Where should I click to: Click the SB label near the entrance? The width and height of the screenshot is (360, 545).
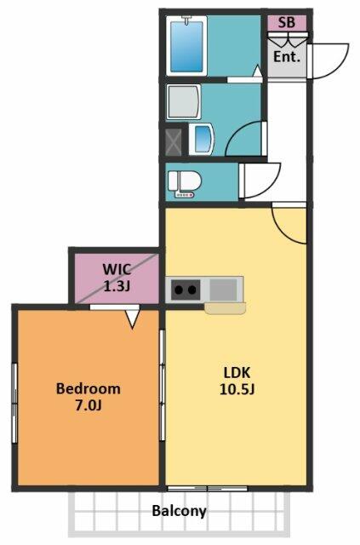(287, 23)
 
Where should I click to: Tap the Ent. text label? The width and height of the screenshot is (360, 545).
(287, 57)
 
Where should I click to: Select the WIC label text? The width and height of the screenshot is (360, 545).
(117, 269)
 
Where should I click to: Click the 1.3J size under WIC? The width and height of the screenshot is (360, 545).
(117, 286)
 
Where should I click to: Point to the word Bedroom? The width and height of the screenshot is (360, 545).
(89, 388)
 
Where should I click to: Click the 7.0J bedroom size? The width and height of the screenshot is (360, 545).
(89, 405)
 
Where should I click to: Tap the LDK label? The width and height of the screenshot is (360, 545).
(237, 373)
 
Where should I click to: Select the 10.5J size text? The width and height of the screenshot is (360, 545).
(237, 389)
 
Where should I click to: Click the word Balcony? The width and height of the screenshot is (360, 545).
(180, 511)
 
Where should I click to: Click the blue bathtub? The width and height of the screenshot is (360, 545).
(186, 45)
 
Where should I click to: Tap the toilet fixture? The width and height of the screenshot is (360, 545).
(184, 184)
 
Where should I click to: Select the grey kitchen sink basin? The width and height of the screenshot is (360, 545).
(223, 290)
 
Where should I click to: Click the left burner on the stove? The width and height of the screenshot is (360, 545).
(179, 290)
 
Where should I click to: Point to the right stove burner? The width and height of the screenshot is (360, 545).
(191, 290)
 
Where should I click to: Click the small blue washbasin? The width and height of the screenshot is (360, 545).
(202, 139)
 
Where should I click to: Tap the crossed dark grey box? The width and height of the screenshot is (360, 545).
(174, 142)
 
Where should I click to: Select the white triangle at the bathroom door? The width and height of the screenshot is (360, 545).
(258, 71)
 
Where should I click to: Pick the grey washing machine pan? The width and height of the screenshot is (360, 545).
(184, 101)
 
